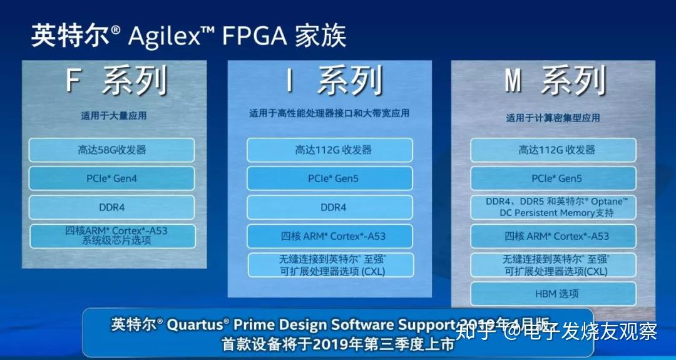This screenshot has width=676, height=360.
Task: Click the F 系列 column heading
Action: pyautogui.click(x=116, y=81)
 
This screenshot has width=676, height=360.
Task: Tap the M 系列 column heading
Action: pyautogui.click(x=555, y=81)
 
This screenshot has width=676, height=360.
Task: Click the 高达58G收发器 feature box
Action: pyautogui.click(x=112, y=150)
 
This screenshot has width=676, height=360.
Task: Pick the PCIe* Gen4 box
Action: pyautogui.click(x=112, y=178)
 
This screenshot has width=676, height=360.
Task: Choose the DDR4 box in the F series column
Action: pyautogui.click(x=112, y=207)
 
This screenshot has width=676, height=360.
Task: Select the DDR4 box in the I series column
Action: pyautogui.click(x=330, y=207)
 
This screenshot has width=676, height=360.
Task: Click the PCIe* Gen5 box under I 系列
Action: pyautogui.click(x=330, y=178)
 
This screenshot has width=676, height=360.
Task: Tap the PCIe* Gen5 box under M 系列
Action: pyautogui.click(x=553, y=178)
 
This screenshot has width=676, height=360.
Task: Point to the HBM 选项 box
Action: pyautogui.click(x=553, y=294)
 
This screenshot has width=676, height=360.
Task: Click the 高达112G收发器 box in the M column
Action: pyautogui.click(x=553, y=150)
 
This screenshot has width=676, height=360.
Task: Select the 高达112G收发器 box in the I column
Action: pyautogui.click(x=330, y=150)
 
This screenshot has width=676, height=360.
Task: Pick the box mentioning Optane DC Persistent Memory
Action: pyautogui.click(x=553, y=207)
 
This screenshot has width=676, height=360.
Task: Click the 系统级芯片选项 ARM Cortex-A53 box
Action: pyautogui.click(x=112, y=236)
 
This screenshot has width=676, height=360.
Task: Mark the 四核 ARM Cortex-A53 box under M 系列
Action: pyautogui.click(x=553, y=236)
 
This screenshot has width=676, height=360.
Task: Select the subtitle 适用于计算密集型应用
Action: pyautogui.click(x=553, y=118)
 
